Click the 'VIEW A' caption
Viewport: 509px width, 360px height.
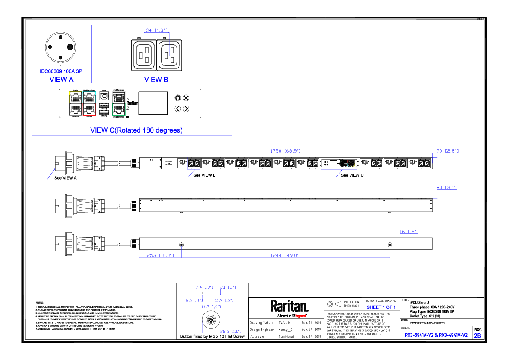pos(62,79)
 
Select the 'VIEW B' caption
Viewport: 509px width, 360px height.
pos(156,79)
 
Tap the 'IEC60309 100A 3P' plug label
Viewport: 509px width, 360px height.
pos(61,71)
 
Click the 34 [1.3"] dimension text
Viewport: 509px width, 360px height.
pos(156,30)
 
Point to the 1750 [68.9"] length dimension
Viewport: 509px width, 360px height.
pos(285,151)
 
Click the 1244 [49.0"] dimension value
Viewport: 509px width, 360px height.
pos(285,255)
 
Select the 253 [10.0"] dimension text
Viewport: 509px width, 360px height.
pos(160,255)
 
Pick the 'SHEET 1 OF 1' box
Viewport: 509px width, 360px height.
pos(381,307)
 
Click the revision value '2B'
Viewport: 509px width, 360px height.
pos(477,336)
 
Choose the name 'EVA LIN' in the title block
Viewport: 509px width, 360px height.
pos(284,322)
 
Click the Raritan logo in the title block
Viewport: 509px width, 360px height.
pos(289,307)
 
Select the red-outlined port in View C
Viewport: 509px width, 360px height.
pos(89,109)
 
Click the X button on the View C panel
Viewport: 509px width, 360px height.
pos(186,98)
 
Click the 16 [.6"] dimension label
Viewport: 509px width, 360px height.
pos(409,231)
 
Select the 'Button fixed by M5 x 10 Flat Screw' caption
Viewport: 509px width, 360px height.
pos(212,336)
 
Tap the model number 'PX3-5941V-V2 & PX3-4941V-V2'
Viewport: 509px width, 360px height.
pos(436,335)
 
